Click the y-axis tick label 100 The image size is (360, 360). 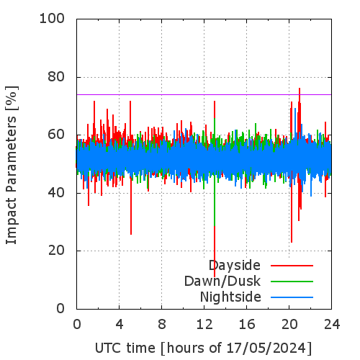[52, 19]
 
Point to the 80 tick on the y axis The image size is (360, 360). [56, 77]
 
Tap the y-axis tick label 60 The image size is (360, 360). [56, 135]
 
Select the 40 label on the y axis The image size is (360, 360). [56, 193]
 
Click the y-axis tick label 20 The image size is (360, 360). [56, 251]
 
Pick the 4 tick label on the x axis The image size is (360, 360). [120, 325]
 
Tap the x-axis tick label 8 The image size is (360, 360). [162, 325]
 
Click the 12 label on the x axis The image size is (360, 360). [204, 325]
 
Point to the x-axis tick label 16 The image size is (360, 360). [247, 325]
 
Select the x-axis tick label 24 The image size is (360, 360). [332, 325]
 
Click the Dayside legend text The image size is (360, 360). [235, 266]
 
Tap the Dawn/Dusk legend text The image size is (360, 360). [222, 281]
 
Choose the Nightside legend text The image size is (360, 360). [230, 297]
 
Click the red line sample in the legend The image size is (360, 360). [292, 266]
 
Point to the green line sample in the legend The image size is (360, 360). [292, 282]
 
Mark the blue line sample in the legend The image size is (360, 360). [292, 297]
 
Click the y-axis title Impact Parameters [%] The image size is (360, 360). [12, 165]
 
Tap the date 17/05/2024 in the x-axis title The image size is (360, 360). [266, 348]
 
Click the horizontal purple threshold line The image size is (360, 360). [204, 94]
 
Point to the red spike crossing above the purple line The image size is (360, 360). [300, 91]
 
